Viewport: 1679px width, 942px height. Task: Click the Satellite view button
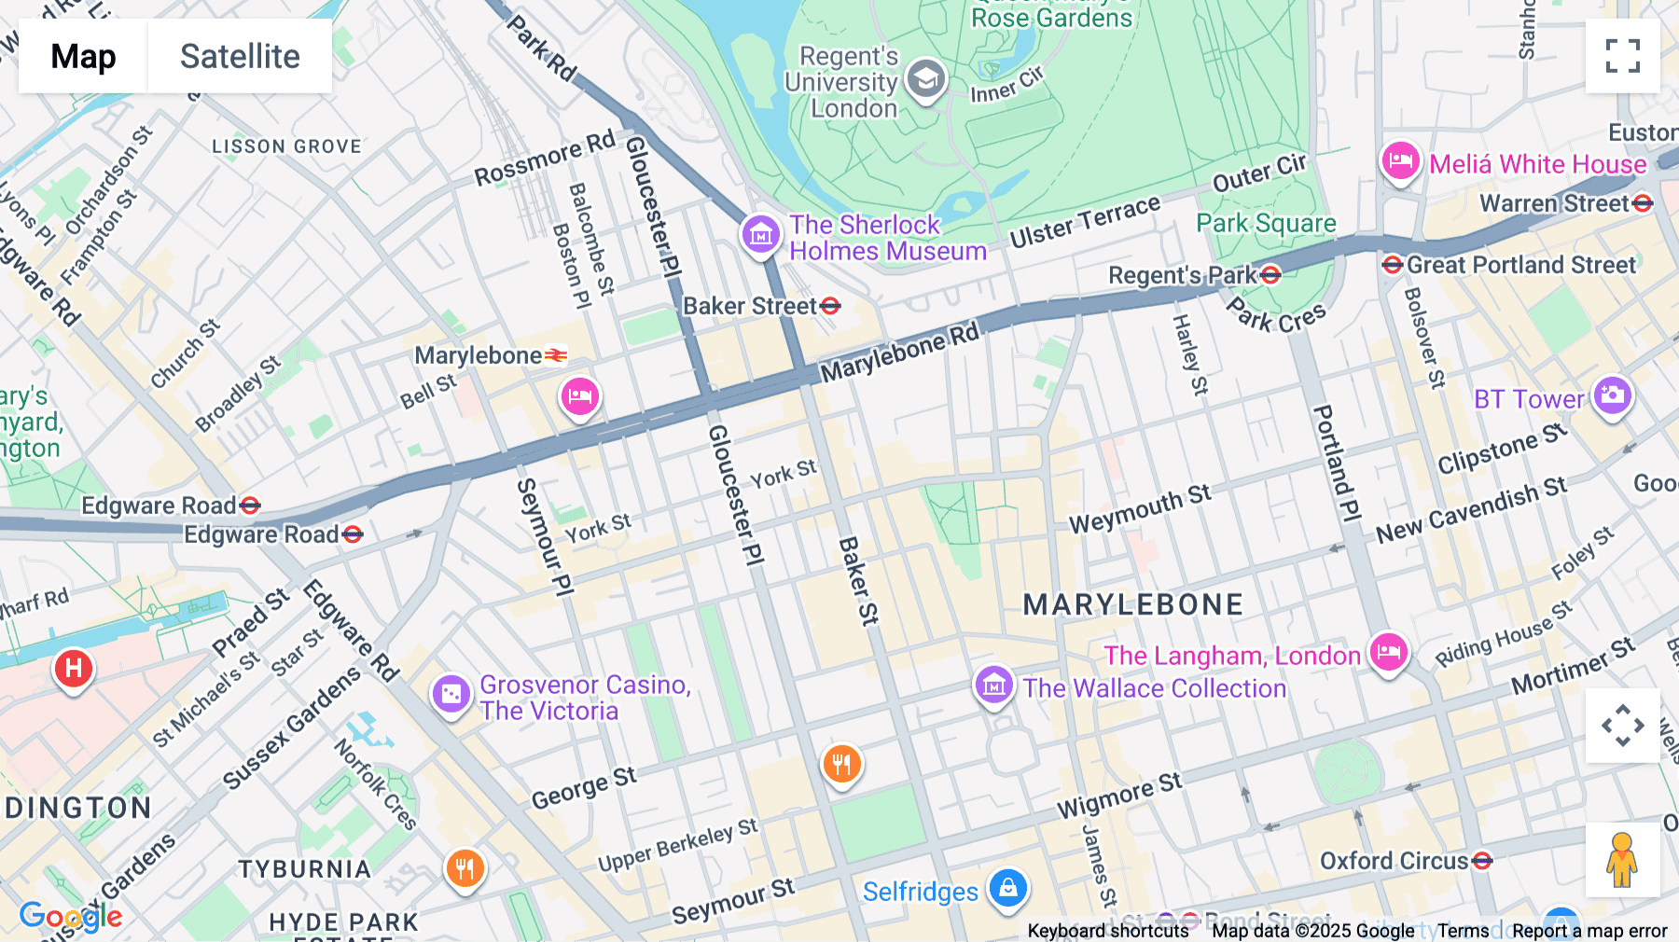point(240,56)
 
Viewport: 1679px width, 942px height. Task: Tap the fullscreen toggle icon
point(1622,56)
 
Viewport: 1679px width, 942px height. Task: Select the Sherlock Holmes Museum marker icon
point(760,233)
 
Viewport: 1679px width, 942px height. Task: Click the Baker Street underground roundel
point(830,306)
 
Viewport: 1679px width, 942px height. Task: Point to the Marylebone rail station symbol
point(556,355)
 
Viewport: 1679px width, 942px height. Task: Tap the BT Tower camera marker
point(1612,395)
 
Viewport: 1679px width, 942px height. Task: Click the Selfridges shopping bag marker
point(1007,888)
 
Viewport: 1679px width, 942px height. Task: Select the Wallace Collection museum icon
point(993,686)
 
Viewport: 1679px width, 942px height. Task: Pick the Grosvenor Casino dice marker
point(451,694)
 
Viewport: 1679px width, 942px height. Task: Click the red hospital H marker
point(74,668)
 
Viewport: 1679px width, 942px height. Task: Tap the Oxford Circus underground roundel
point(1482,861)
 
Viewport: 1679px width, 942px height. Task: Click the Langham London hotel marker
point(1388,651)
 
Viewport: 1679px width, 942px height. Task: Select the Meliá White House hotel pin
point(1400,161)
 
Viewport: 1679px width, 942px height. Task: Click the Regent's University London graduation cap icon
point(925,80)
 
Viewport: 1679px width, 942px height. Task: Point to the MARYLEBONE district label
point(1132,604)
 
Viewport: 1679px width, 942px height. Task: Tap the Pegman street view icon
point(1622,859)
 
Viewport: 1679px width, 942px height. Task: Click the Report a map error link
point(1589,931)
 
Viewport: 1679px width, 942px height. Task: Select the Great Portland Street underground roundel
point(1393,265)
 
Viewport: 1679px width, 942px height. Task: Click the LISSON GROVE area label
point(286,146)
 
